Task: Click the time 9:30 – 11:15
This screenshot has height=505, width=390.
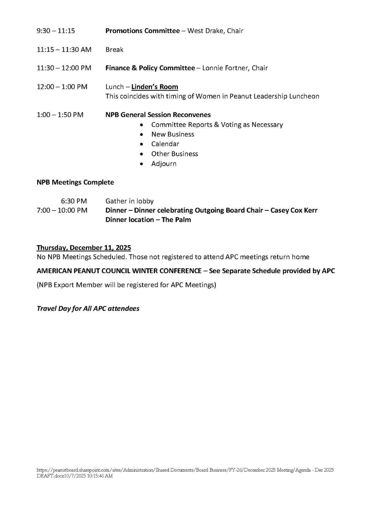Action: tap(56, 31)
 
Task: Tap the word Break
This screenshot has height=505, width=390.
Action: tap(114, 50)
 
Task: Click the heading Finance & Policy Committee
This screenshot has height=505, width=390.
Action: tap(150, 68)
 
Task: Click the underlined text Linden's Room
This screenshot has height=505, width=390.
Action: tap(154, 87)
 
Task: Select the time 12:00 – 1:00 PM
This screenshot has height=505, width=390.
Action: tap(62, 87)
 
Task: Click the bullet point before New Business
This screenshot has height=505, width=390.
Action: tap(142, 134)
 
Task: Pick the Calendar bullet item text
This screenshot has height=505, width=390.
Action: tap(165, 144)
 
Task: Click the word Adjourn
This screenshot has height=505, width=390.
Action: tap(164, 164)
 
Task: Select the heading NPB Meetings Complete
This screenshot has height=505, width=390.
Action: tap(75, 182)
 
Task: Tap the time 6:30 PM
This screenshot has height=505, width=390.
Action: tap(74, 201)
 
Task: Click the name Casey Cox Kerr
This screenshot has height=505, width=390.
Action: tap(294, 210)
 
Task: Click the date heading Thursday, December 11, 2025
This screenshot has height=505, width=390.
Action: tap(84, 248)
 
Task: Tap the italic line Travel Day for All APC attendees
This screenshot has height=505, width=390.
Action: tap(88, 308)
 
